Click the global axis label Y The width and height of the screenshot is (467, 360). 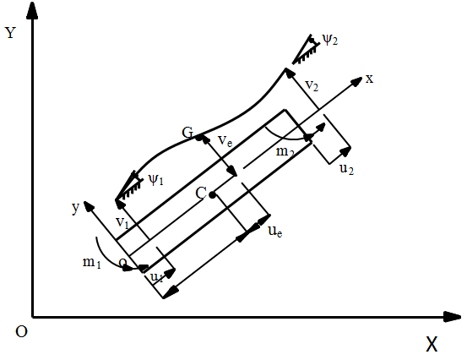10,32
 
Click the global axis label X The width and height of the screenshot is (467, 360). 432,344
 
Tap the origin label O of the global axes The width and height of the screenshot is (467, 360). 21,331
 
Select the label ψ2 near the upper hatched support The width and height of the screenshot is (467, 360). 330,40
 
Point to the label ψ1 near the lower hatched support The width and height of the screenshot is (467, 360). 156,180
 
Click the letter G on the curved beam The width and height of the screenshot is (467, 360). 187,133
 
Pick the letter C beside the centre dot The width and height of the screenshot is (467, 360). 201,194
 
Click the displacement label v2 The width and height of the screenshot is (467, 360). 312,85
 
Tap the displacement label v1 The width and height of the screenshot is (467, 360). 122,222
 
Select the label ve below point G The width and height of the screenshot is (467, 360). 225,140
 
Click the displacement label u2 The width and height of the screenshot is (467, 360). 347,169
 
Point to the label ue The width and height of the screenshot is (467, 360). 275,231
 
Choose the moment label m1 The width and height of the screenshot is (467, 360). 92,263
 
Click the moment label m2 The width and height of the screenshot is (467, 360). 285,152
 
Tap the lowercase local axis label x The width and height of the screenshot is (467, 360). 369,79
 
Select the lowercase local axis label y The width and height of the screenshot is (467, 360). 76,207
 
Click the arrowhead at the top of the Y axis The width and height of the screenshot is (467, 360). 32,10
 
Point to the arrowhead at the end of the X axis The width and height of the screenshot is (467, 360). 452,317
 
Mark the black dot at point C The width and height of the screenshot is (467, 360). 212,195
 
